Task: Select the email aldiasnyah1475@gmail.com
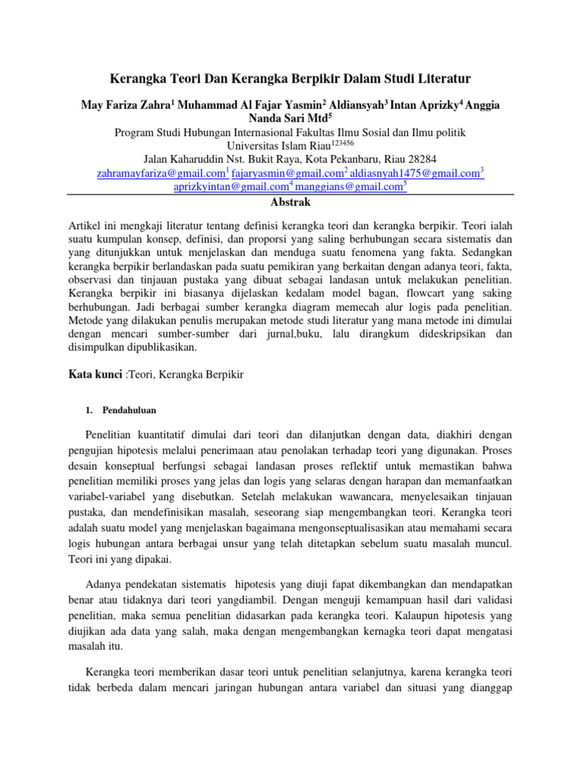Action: click(413, 173)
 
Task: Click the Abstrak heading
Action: click(290, 203)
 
